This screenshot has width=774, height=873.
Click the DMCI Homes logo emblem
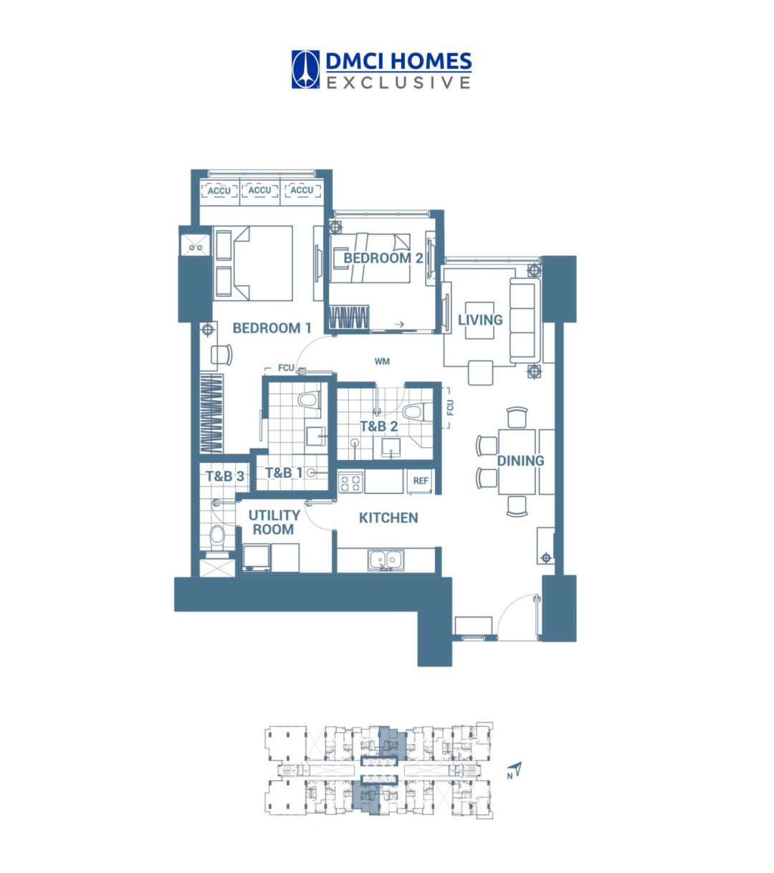[305, 70]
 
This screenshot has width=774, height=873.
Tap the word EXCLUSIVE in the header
[398, 83]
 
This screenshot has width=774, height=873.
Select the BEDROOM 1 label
[272, 328]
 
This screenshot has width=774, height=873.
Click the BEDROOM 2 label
[383, 258]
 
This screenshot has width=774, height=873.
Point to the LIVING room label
[480, 320]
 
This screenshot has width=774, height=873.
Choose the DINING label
[520, 461]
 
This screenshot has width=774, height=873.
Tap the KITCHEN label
[388, 517]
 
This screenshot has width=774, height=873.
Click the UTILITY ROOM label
[274, 523]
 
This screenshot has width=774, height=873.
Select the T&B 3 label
[224, 476]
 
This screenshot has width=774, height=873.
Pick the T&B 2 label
[378, 426]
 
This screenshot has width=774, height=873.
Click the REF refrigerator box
[421, 481]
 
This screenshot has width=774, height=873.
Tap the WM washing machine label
[382, 361]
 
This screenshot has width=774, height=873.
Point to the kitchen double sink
[386, 560]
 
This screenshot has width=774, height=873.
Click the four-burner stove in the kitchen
[350, 482]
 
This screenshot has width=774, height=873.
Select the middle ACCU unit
[259, 191]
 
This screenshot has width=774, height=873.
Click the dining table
[517, 461]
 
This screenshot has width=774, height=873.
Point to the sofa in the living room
[523, 320]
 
